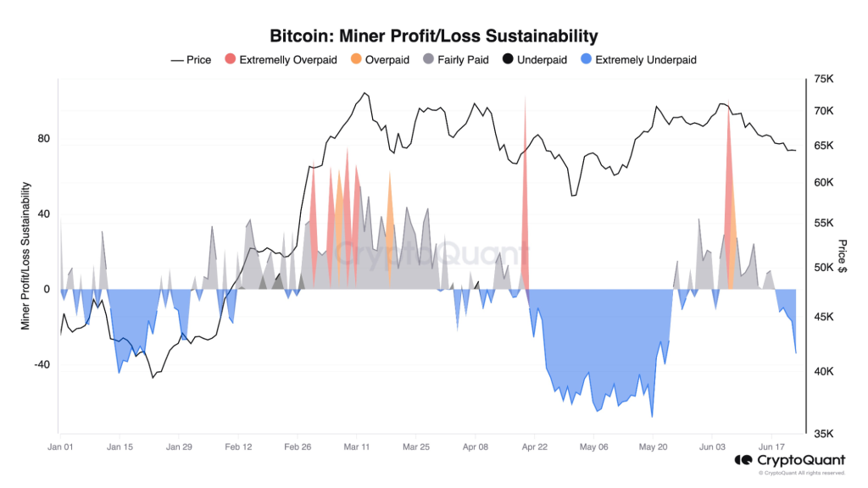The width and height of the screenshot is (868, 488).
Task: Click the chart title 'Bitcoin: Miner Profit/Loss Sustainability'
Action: point(433,36)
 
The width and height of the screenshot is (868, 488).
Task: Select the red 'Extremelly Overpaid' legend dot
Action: point(230,60)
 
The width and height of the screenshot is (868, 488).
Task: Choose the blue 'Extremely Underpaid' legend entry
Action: point(637,60)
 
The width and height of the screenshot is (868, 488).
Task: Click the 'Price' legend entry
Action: point(191,60)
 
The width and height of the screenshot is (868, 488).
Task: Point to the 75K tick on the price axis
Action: point(824,79)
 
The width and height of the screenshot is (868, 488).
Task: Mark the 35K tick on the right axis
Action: point(824,434)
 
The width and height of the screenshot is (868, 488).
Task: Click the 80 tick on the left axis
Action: point(44,139)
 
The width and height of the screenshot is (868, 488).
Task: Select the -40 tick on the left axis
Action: point(42,365)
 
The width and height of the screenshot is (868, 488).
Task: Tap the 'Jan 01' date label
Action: point(60,446)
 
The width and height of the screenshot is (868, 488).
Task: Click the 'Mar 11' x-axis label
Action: point(357,446)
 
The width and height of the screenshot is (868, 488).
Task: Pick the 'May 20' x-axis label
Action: point(654,446)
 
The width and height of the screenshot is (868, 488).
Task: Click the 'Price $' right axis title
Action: point(843,257)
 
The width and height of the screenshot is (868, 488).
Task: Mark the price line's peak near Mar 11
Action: point(364,93)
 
